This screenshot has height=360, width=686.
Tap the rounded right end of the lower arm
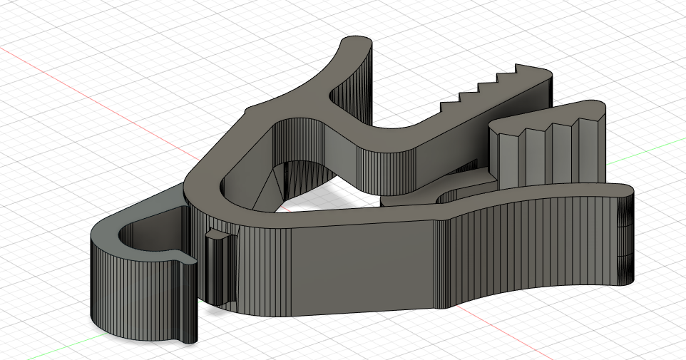(x=626, y=235)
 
